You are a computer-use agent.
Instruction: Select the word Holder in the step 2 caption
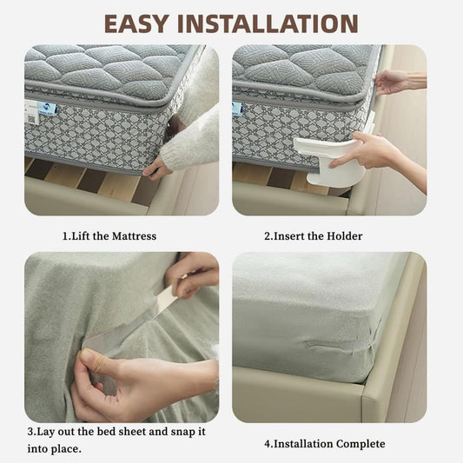pyautogui.click(x=345, y=235)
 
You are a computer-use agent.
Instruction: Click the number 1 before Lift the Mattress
pyautogui.click(x=65, y=235)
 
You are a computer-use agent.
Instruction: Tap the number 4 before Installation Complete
pyautogui.click(x=268, y=444)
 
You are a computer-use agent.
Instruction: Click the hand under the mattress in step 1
pyautogui.click(x=158, y=169)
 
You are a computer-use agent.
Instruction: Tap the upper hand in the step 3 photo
pyautogui.click(x=193, y=274)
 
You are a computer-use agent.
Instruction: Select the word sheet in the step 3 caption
pyautogui.click(x=131, y=432)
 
